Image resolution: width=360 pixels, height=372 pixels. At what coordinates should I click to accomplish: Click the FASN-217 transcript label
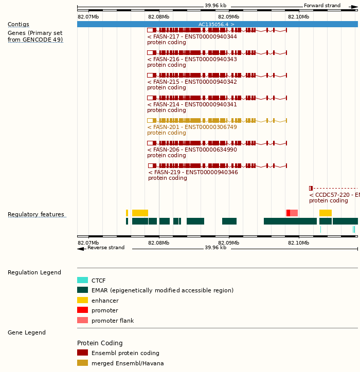click(x=192, y=36)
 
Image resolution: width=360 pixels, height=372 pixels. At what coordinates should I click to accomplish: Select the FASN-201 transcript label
click(x=192, y=127)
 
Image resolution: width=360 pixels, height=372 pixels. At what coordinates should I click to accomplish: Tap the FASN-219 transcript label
click(x=193, y=172)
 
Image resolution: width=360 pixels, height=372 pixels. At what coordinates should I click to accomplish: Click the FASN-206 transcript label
click(x=192, y=150)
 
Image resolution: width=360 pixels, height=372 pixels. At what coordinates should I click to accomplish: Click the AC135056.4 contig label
click(x=217, y=24)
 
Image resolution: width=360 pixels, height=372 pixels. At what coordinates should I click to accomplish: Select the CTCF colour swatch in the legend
click(x=82, y=281)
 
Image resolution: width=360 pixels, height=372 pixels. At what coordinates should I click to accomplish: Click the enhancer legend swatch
click(x=82, y=300)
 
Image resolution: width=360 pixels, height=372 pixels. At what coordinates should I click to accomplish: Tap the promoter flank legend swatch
click(x=82, y=321)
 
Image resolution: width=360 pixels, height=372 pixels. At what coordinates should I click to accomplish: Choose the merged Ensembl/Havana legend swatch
click(x=82, y=363)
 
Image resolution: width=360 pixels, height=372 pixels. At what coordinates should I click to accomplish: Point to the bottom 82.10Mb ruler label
click(x=298, y=243)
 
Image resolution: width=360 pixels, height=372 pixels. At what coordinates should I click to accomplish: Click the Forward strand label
click(x=322, y=6)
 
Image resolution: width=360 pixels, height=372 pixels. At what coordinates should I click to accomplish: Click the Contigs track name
click(x=18, y=24)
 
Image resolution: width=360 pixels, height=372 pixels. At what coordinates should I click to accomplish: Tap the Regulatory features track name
click(x=36, y=214)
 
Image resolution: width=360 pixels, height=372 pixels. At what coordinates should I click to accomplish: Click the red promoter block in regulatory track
click(x=288, y=213)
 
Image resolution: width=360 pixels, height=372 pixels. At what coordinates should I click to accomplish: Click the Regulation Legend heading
click(x=34, y=272)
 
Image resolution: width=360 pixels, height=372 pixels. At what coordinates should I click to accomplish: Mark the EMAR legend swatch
click(x=82, y=290)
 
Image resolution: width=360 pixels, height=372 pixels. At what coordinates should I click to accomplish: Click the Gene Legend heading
click(x=27, y=332)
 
